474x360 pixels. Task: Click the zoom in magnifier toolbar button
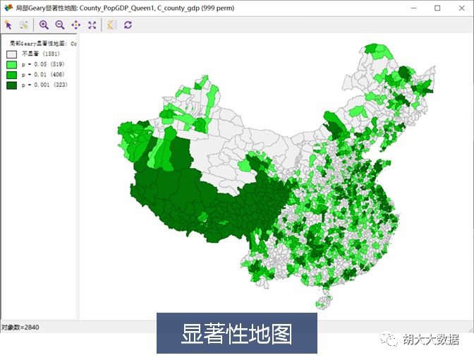[x=44, y=25]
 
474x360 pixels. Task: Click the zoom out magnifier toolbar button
[x=59, y=25]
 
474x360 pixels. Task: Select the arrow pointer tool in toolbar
[x=8, y=25]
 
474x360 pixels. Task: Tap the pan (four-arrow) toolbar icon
[x=75, y=25]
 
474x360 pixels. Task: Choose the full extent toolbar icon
[x=92, y=25]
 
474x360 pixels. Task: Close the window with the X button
[x=459, y=8]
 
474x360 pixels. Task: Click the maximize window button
[x=437, y=8]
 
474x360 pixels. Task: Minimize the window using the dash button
[x=415, y=8]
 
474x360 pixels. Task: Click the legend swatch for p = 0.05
[x=12, y=64]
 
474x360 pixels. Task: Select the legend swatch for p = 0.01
[x=12, y=75]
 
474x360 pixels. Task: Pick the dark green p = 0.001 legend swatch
[x=12, y=85]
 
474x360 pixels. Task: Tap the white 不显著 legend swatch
[x=12, y=54]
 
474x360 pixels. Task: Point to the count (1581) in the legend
[x=51, y=54]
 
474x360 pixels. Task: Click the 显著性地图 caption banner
[x=236, y=333]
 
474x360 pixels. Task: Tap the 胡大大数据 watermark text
[x=430, y=339]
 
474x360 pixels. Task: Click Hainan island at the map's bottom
[x=324, y=302]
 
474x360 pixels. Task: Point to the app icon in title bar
[x=8, y=8]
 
